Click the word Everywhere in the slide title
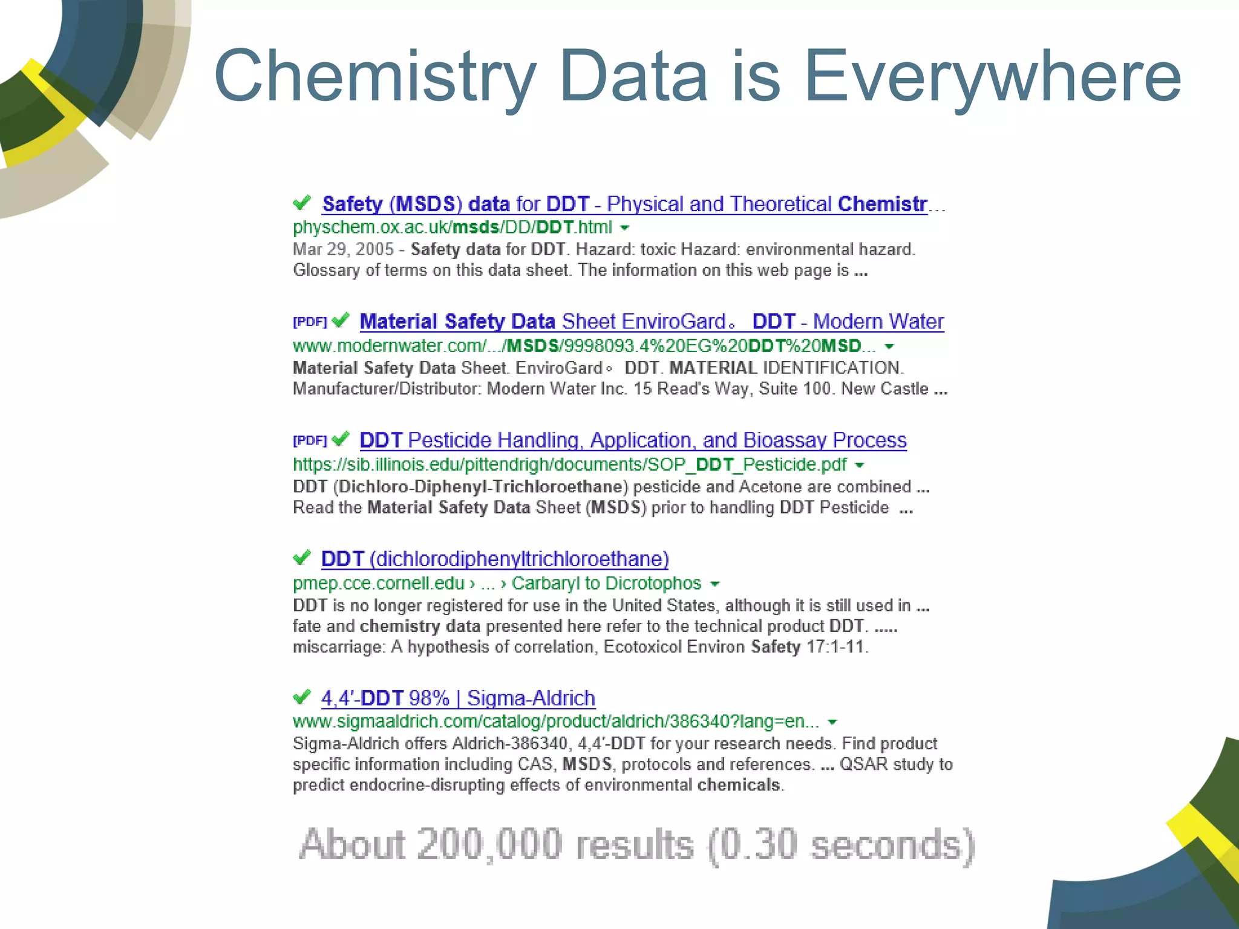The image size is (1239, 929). tap(992, 77)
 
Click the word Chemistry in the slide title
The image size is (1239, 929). tap(375, 77)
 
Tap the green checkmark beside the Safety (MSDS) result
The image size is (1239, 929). tap(301, 203)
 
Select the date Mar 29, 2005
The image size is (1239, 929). tap(343, 249)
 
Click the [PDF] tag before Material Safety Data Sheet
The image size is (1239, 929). tap(309, 321)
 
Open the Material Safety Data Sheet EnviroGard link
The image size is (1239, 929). tap(651, 322)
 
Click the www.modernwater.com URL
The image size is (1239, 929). tap(584, 346)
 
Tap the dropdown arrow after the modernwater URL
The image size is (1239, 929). tap(889, 347)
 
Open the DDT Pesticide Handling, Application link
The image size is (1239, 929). tap(633, 440)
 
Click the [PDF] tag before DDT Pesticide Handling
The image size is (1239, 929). tap(309, 440)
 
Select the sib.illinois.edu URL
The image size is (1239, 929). tap(569, 464)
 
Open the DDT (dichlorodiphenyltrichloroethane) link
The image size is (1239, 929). tap(495, 559)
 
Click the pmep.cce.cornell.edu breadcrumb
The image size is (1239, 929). tap(379, 583)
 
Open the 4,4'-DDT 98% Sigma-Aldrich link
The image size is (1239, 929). tap(458, 698)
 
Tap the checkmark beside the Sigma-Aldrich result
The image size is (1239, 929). tap(301, 697)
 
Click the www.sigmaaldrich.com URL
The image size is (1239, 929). tap(555, 722)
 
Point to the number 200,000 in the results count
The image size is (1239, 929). tap(490, 844)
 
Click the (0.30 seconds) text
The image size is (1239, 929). tap(841, 844)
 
